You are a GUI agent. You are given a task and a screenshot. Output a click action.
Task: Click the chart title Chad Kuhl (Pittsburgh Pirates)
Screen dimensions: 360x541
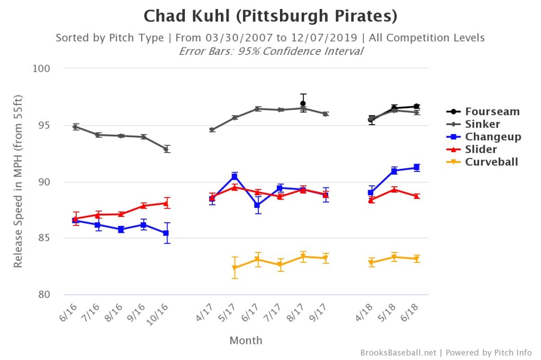pyautogui.click(x=270, y=16)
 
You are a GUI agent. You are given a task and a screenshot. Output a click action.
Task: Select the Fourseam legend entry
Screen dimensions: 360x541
pyautogui.click(x=492, y=111)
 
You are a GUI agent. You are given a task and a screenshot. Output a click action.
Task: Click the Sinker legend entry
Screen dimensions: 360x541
pyautogui.click(x=482, y=125)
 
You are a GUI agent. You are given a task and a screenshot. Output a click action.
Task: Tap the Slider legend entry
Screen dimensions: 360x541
pyautogui.click(x=481, y=149)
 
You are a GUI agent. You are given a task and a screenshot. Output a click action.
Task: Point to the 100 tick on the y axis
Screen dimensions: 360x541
pyautogui.click(x=42, y=69)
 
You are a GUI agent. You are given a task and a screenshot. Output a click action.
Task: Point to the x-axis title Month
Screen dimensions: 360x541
pyautogui.click(x=246, y=340)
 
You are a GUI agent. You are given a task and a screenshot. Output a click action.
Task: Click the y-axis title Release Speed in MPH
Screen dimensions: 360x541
pyautogui.click(x=18, y=182)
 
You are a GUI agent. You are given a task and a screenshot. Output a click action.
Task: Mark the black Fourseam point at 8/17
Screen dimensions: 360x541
pyautogui.click(x=303, y=103)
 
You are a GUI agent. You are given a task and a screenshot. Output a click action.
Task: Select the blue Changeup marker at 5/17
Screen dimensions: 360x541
pyautogui.click(x=234, y=176)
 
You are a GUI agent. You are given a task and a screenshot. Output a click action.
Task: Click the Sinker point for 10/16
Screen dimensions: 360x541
pyautogui.click(x=166, y=149)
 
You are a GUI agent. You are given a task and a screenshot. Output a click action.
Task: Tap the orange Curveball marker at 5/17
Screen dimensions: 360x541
pyautogui.click(x=234, y=268)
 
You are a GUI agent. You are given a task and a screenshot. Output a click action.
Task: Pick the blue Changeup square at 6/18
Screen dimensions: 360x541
pyautogui.click(x=417, y=167)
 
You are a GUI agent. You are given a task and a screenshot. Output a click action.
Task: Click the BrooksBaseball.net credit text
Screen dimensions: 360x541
pyautogui.click(x=399, y=353)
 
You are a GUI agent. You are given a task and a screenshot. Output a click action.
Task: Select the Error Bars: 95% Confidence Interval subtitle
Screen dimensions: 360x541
pyautogui.click(x=270, y=51)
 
